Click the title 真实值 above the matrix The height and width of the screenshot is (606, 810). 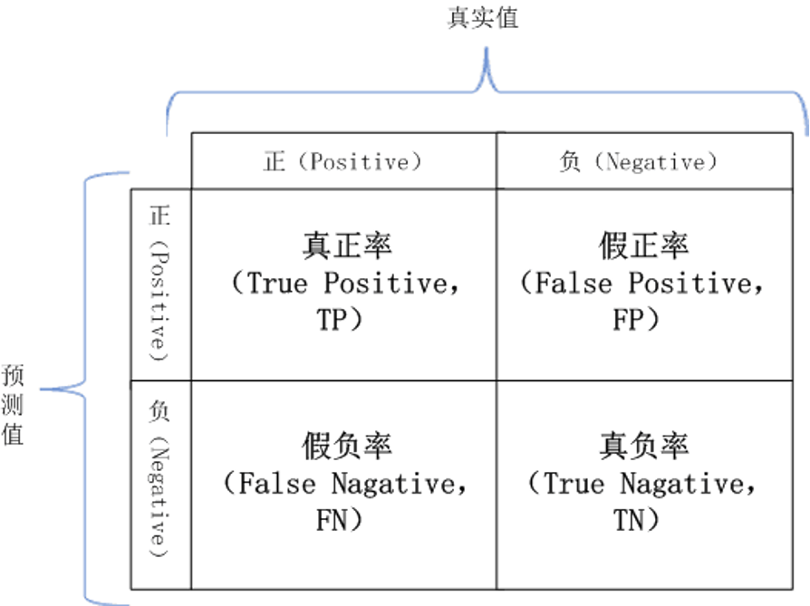coord(483,18)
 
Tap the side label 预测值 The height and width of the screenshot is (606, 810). coord(13,404)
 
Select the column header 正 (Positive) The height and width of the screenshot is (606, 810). coord(343,162)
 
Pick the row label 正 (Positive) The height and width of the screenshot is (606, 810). coord(160,282)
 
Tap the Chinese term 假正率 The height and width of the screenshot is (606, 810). coord(643,246)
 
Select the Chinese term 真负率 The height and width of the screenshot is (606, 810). coord(643,447)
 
